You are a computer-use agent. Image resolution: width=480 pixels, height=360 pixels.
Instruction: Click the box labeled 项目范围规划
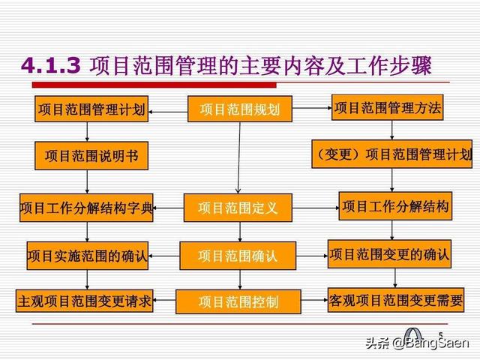(x=239, y=109)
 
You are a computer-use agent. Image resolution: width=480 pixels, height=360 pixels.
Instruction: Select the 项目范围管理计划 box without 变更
(x=91, y=109)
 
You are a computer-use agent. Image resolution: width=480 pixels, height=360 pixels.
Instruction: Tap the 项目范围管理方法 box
(x=387, y=108)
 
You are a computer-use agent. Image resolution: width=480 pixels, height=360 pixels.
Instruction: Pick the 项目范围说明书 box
(x=91, y=156)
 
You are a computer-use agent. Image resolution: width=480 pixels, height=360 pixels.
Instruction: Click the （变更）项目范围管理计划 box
(x=392, y=154)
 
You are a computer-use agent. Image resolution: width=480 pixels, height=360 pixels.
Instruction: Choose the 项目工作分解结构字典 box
(x=87, y=208)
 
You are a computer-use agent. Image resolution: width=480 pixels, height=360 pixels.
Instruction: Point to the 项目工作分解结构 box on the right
(x=395, y=206)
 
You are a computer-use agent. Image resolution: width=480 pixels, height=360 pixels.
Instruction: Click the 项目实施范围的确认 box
(x=88, y=255)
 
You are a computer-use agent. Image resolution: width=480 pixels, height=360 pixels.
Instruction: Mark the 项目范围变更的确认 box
(x=389, y=253)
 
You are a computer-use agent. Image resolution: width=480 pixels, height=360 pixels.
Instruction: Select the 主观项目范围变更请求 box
(x=85, y=301)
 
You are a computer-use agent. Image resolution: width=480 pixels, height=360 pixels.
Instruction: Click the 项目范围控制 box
(x=238, y=301)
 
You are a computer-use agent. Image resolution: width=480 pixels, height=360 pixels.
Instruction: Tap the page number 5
(x=440, y=335)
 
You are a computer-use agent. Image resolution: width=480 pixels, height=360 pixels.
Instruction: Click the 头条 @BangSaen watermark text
(x=416, y=343)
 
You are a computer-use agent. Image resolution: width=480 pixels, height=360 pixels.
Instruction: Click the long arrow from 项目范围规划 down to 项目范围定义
(x=238, y=157)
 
